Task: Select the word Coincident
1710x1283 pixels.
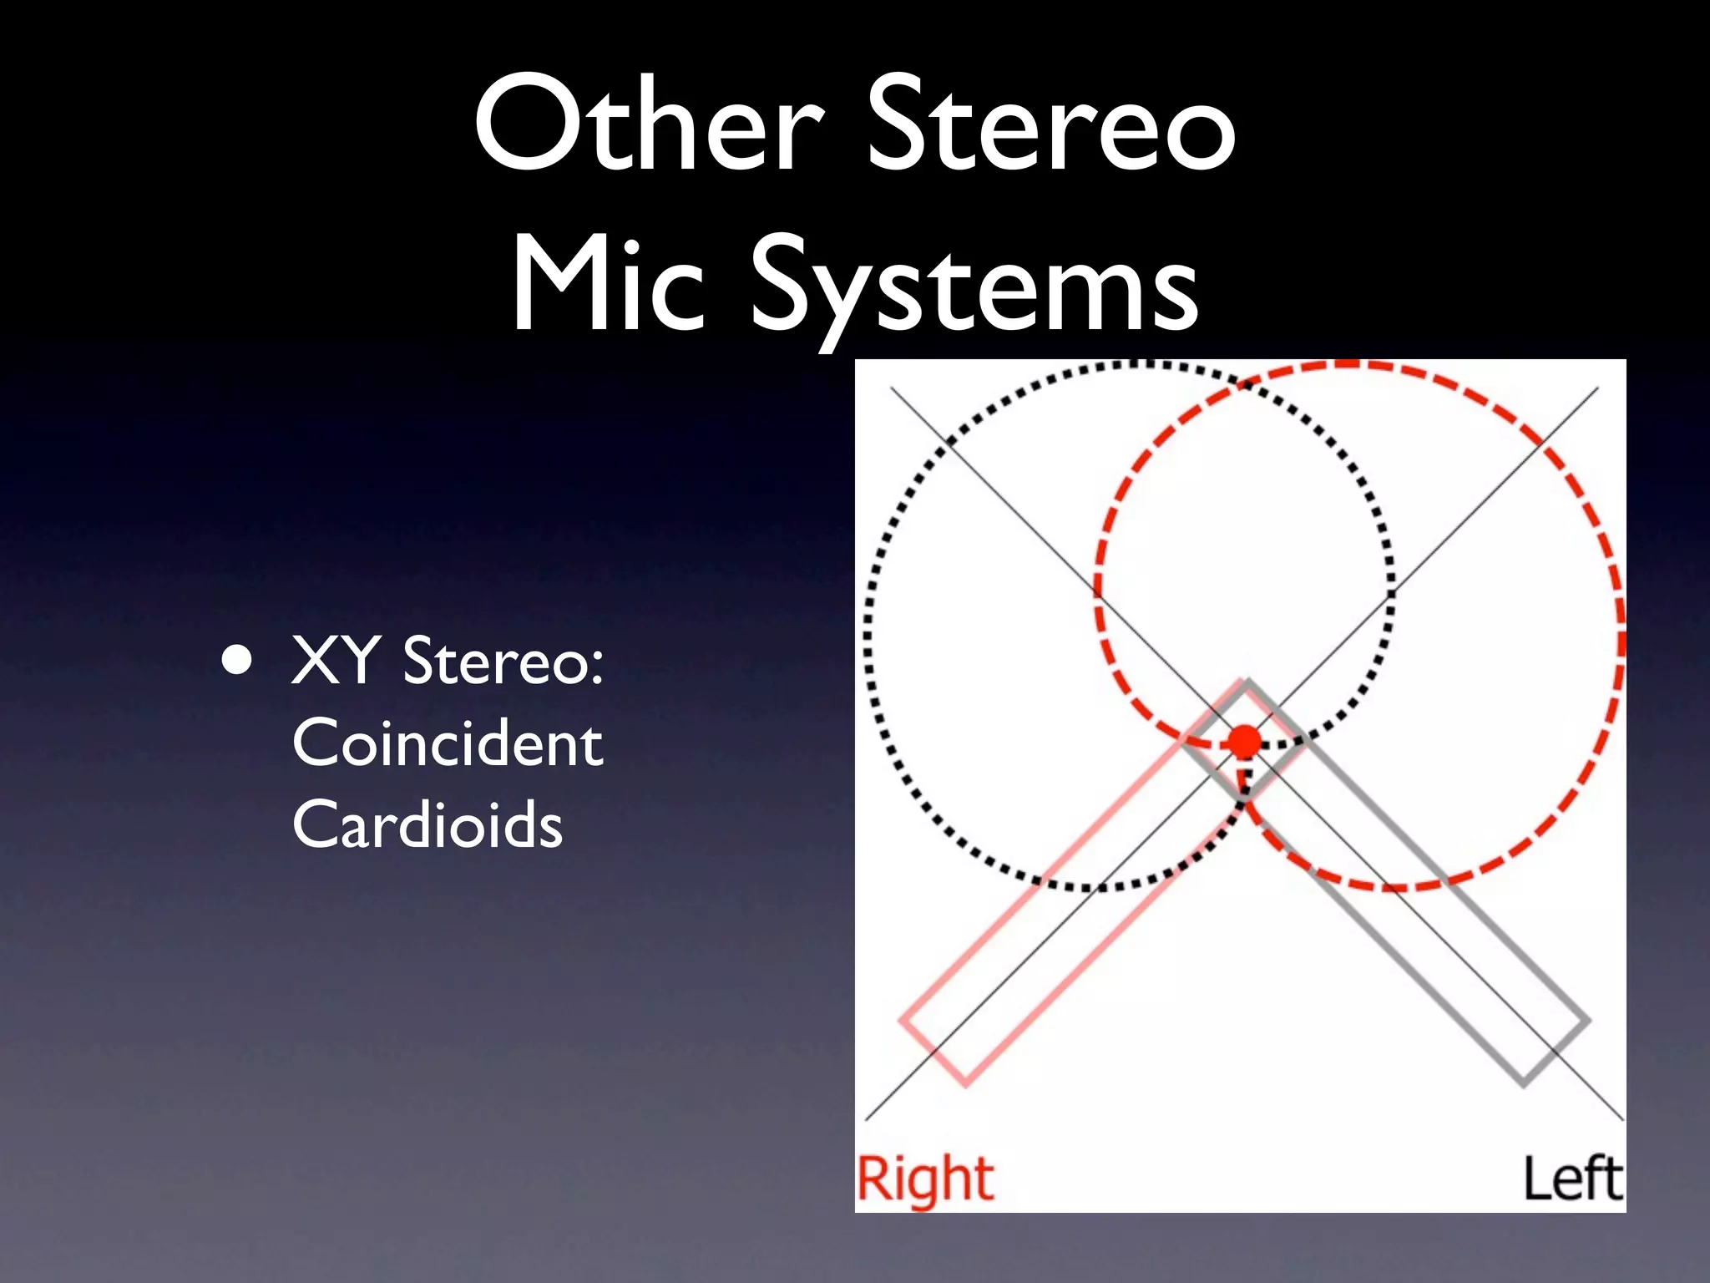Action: pos(448,743)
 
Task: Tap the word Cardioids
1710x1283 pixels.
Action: pos(427,824)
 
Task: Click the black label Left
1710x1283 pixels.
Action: pos(1572,1178)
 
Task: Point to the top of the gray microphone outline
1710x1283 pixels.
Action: pos(1246,685)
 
